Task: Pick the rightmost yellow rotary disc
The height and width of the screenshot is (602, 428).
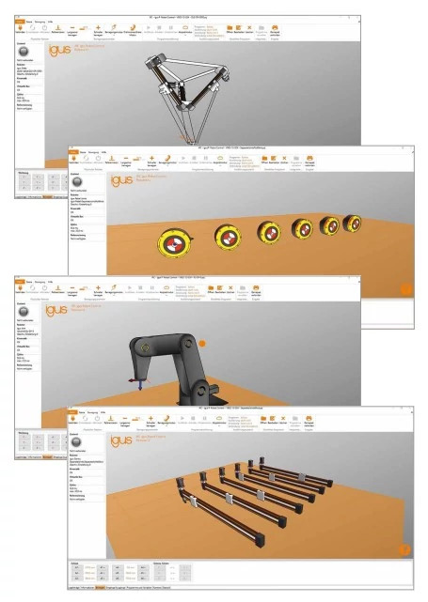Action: (x=353, y=224)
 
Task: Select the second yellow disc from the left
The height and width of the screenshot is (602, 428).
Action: (x=228, y=237)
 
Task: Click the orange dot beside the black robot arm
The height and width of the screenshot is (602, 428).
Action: (x=200, y=344)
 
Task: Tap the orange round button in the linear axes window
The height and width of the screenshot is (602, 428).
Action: (x=404, y=549)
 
